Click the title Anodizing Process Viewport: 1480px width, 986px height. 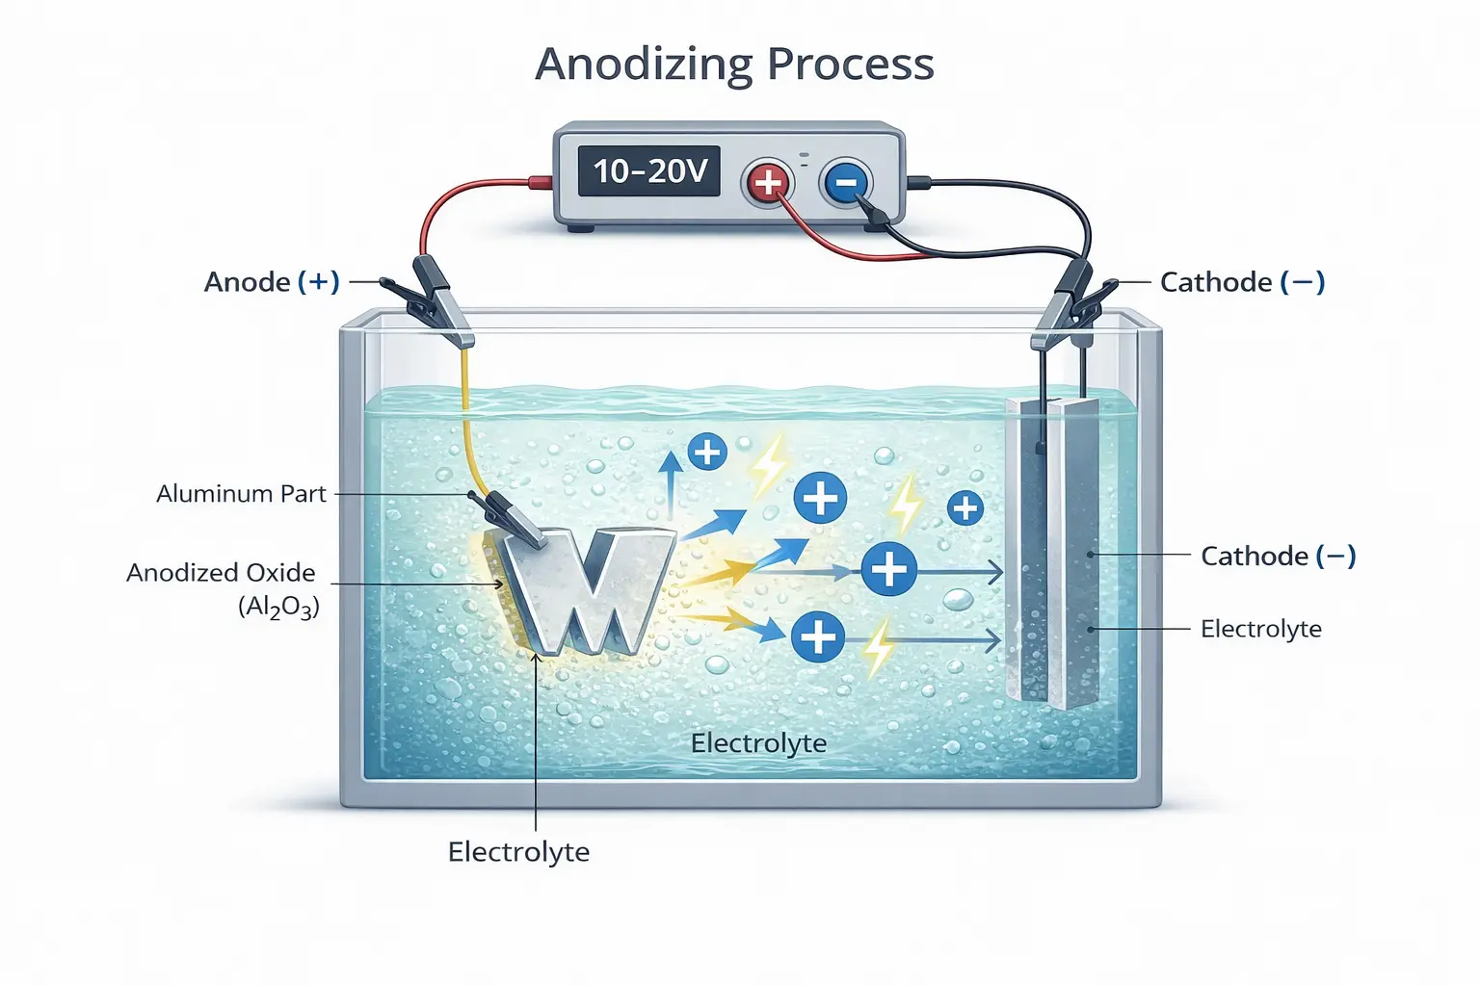click(734, 65)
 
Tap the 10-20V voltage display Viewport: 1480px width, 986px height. click(649, 171)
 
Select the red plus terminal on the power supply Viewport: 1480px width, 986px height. click(767, 181)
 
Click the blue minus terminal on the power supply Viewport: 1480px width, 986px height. click(845, 182)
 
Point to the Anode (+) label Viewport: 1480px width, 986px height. click(272, 282)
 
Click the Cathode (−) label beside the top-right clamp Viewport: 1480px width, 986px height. click(1242, 282)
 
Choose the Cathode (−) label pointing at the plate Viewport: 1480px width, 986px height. click(1278, 556)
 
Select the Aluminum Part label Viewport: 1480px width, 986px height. click(241, 494)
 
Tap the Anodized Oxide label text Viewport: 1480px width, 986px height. click(221, 573)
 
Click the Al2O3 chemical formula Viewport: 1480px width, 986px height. click(278, 608)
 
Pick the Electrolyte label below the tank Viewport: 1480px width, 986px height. click(518, 852)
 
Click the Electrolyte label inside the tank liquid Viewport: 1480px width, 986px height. click(758, 743)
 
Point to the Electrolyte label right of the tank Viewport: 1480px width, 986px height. click(1260, 629)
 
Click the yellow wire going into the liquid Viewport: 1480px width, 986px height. click(466, 424)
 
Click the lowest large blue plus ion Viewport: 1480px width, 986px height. click(818, 636)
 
